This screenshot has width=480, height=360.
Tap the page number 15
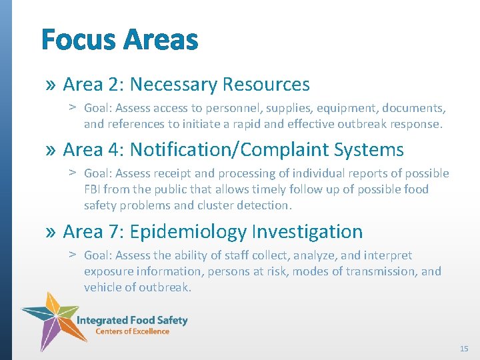tap(464, 349)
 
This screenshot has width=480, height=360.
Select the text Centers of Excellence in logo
tap(132, 331)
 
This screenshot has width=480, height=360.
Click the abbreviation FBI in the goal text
tap(94, 189)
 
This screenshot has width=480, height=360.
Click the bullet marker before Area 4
tap(51, 150)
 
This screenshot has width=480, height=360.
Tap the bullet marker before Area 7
tap(51, 232)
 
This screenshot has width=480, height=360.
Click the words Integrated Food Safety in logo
tap(132, 320)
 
